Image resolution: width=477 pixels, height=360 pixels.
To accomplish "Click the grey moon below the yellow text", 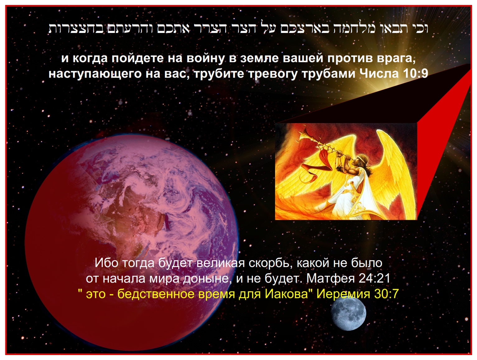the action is pos(348,313).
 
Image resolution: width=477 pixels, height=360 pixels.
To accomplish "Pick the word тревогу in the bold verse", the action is pos(273,74).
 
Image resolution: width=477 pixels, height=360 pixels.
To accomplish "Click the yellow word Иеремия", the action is pos(343,294).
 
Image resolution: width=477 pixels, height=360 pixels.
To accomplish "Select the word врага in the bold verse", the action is pos(396,58).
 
